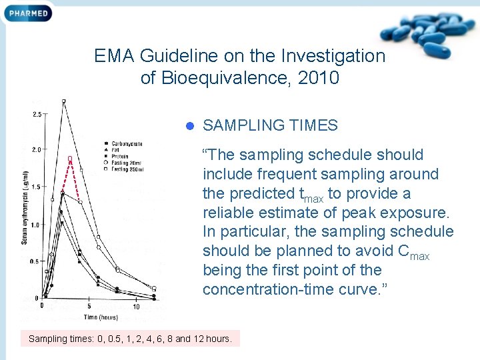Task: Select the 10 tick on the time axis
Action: pyautogui.click(x=136, y=307)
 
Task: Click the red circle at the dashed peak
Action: pyautogui.click(x=69, y=158)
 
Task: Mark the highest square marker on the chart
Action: pyautogui.click(x=64, y=101)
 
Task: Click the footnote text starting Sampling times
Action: pyautogui.click(x=130, y=339)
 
